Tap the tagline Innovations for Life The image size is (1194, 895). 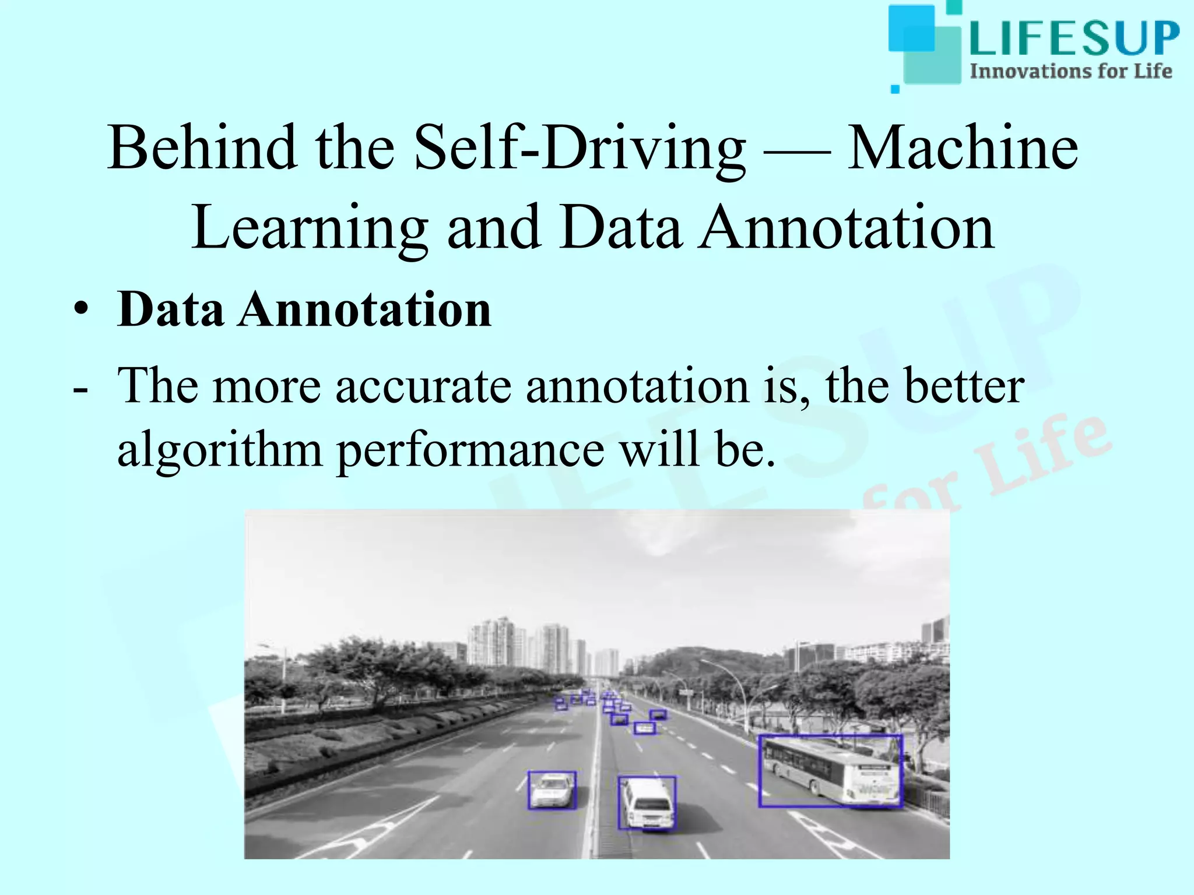[x=1070, y=72]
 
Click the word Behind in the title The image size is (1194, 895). [x=202, y=148]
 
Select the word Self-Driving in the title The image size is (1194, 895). [x=580, y=148]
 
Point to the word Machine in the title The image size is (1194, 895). [x=963, y=148]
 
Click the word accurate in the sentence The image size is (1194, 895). [x=423, y=386]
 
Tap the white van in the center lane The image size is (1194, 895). [x=647, y=803]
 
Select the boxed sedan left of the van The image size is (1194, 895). [x=552, y=791]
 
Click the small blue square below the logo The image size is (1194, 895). [x=895, y=89]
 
